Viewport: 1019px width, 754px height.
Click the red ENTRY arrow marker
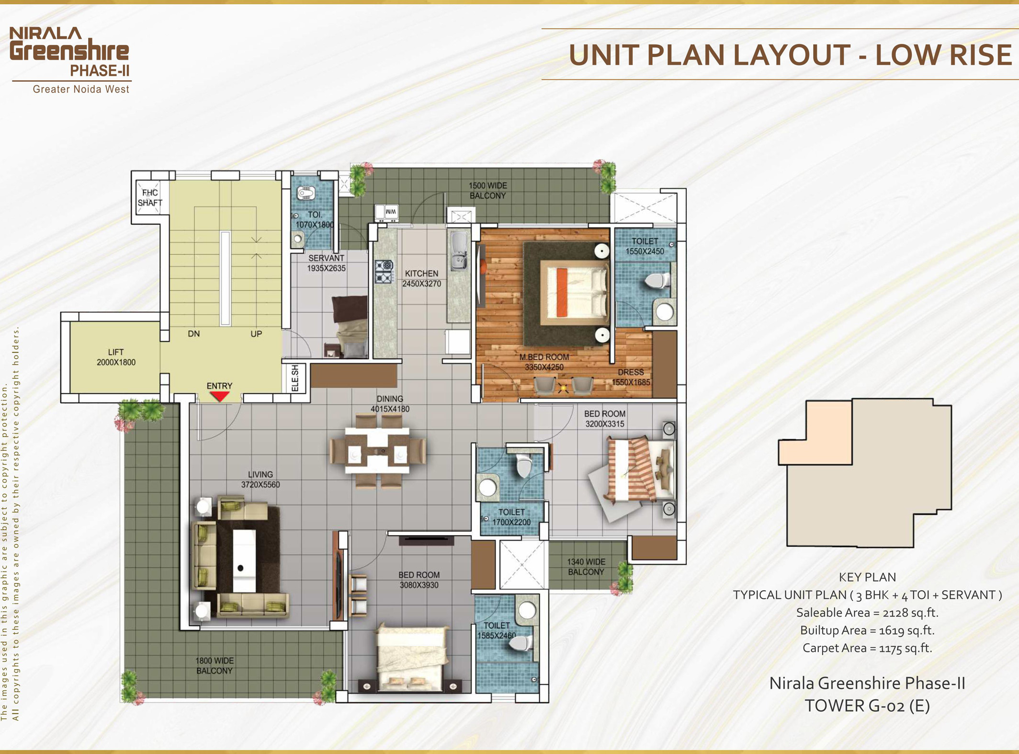click(x=220, y=396)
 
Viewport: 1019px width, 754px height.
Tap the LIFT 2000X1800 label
click(x=116, y=357)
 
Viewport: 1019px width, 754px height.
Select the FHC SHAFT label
click(x=150, y=198)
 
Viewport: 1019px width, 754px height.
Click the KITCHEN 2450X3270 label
click(x=421, y=278)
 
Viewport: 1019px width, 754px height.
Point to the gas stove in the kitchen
click(x=384, y=271)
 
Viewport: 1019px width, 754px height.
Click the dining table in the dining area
click(x=377, y=451)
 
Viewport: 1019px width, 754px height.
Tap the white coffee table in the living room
click(x=244, y=560)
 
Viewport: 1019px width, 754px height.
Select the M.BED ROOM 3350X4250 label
click(x=544, y=362)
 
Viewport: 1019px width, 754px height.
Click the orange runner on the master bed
click(x=562, y=293)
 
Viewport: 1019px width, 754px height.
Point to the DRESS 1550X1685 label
click(x=631, y=377)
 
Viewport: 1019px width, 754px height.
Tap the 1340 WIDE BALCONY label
click(x=586, y=567)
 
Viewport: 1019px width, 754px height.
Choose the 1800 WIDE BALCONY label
click(x=215, y=665)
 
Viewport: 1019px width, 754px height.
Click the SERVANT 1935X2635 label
click(x=326, y=263)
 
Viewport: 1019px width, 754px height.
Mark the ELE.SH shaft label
click(x=295, y=378)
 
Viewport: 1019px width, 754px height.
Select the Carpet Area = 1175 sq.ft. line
click(x=867, y=648)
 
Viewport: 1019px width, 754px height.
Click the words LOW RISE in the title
click(x=943, y=55)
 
